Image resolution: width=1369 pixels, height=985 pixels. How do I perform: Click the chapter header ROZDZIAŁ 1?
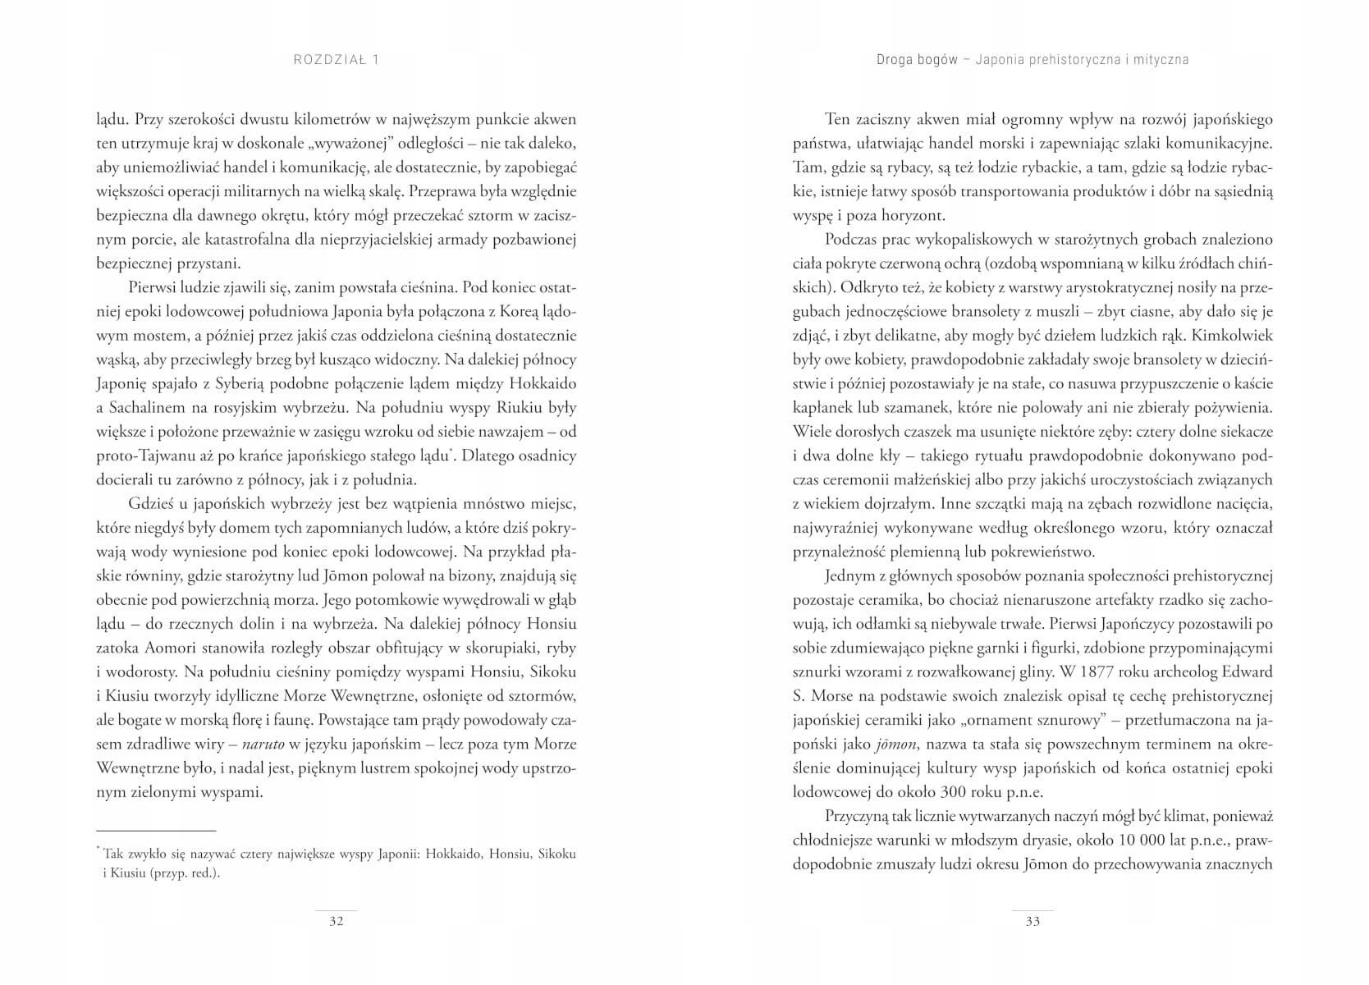click(x=336, y=59)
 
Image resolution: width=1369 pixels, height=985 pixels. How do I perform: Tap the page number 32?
click(x=336, y=921)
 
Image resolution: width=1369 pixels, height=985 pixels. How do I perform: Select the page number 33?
click(x=1032, y=921)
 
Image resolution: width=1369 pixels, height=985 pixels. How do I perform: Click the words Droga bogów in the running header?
click(x=917, y=59)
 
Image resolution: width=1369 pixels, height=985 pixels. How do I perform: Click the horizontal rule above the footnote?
click(x=156, y=831)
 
